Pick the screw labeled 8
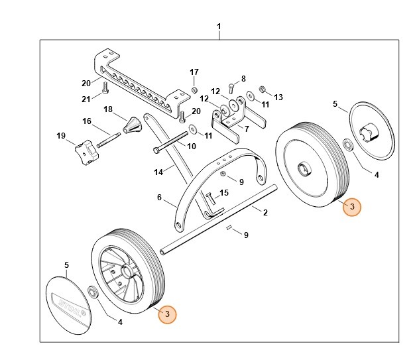click(230, 88)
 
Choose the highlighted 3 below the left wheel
click(167, 314)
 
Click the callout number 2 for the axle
click(265, 213)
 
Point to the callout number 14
click(158, 172)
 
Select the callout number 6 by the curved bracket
click(159, 197)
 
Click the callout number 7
click(247, 129)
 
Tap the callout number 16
click(86, 121)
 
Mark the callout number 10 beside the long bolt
click(192, 146)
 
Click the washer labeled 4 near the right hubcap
click(347, 144)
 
